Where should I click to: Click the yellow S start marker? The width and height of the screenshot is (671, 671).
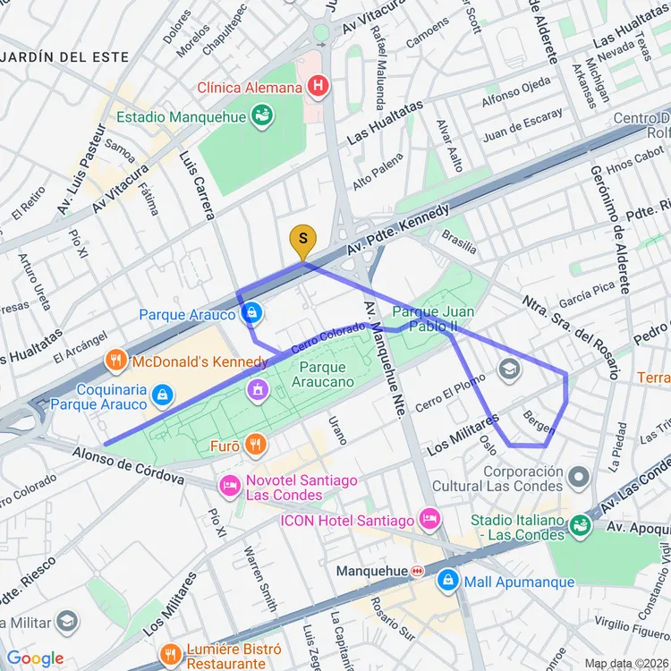coord(303,240)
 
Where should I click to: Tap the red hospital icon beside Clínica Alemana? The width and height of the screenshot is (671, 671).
coord(317,87)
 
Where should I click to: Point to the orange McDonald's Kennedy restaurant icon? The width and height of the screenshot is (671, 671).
coord(115,361)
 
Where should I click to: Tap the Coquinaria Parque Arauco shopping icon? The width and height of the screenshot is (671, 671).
coord(162,394)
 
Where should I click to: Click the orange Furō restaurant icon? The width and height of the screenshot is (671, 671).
coord(256,444)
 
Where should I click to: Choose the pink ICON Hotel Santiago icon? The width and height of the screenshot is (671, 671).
coord(430,520)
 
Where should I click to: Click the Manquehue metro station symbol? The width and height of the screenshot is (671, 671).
coord(417,571)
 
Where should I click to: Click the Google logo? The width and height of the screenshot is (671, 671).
coord(36,658)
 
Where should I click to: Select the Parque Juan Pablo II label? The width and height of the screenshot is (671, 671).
coord(433,319)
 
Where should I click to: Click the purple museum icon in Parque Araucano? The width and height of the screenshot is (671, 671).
coord(258,389)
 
